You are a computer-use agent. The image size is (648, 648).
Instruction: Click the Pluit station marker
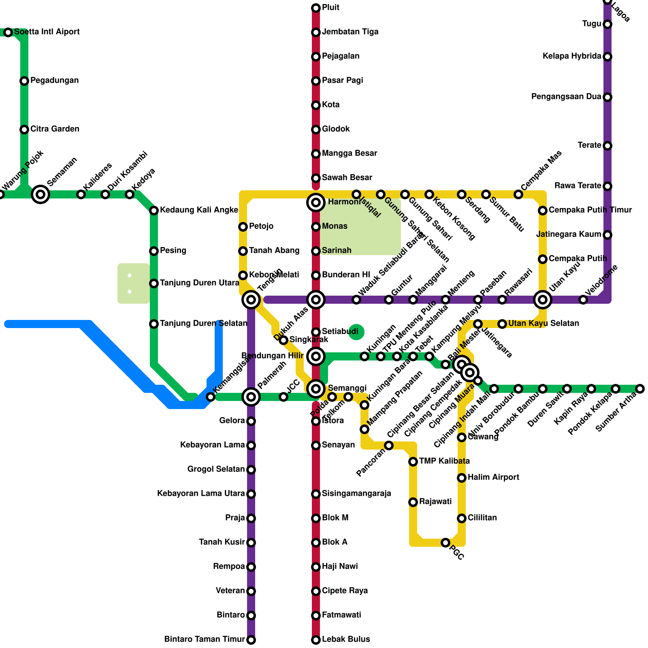[x=316, y=8]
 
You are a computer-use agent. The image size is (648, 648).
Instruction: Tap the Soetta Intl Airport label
[x=47, y=32]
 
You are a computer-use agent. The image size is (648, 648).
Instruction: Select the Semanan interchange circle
[x=40, y=194]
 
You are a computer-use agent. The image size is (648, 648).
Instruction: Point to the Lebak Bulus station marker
[x=316, y=640]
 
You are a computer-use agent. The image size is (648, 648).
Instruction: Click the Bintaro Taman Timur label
[x=204, y=639]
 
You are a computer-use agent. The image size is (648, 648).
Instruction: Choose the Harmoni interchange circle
[x=316, y=202]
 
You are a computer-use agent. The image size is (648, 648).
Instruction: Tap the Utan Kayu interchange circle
[x=543, y=300]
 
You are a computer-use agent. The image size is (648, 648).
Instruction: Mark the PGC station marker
[x=446, y=543]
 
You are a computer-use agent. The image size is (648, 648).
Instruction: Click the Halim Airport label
[x=493, y=477]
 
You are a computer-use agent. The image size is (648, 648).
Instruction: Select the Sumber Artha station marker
[x=640, y=389]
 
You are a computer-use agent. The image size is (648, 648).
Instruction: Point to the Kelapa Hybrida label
[x=571, y=56]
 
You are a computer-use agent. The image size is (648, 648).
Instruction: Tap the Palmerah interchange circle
[x=251, y=397]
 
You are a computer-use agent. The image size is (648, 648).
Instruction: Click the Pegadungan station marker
[x=24, y=81]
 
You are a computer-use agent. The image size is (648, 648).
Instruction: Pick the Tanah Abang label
[x=274, y=251]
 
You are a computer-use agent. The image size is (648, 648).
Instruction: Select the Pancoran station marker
[x=389, y=446]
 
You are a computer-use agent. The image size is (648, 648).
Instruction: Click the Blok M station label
[x=335, y=518]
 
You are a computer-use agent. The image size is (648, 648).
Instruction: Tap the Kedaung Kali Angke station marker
[x=154, y=211]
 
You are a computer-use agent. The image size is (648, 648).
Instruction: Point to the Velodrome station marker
[x=583, y=300]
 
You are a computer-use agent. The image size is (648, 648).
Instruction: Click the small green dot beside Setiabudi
[x=356, y=332]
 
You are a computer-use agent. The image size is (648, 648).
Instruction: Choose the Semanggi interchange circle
[x=316, y=389]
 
